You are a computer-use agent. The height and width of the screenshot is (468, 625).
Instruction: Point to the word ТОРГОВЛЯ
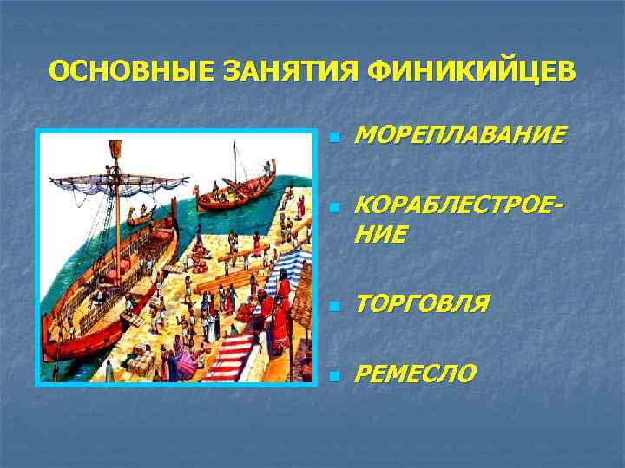point(422,303)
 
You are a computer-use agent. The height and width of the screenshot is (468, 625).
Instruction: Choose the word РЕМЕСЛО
point(416,373)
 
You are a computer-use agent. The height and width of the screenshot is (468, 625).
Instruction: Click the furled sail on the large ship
point(117,182)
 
